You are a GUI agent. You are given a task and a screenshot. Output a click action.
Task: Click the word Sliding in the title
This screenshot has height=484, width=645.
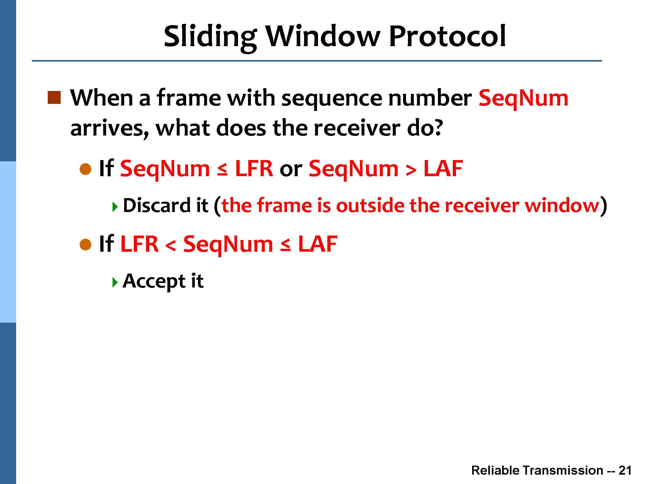(x=210, y=37)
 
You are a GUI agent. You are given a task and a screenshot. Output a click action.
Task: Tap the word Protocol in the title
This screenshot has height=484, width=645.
(x=447, y=36)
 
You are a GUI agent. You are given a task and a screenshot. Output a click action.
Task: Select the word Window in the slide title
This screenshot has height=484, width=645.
(x=323, y=36)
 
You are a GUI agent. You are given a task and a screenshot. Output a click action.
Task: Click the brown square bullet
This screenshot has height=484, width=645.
(x=54, y=98)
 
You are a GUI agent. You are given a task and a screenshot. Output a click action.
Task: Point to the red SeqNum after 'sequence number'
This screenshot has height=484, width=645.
(x=523, y=99)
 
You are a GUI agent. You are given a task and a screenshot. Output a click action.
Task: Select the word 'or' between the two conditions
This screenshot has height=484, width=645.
(x=291, y=171)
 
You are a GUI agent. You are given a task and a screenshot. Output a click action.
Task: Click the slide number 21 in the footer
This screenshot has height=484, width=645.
(x=625, y=470)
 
